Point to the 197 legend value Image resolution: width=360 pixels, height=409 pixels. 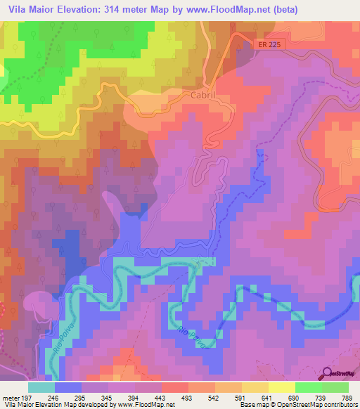pos(26,397)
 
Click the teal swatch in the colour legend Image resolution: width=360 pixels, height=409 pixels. pos(41,387)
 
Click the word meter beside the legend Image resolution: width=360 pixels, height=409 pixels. pos(9,397)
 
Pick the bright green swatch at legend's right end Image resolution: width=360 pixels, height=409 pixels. pos(335,387)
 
